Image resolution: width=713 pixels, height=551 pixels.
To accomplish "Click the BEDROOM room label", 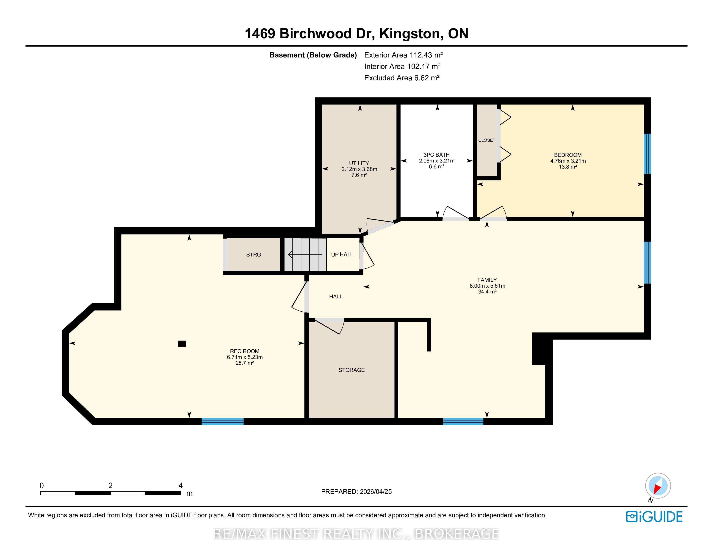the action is click(x=568, y=155).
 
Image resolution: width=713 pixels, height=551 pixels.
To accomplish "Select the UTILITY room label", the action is click(x=359, y=163).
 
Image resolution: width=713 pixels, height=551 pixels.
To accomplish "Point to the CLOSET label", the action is click(x=487, y=140).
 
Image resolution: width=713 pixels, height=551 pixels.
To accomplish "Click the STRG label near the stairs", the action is click(x=253, y=255).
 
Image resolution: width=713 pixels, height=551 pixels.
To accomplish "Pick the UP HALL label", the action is click(x=342, y=255).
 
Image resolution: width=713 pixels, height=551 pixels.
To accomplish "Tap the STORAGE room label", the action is click(x=351, y=370).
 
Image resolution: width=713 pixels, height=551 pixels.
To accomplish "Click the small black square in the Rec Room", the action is click(x=182, y=343).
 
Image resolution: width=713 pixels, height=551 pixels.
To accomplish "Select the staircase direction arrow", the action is click(x=305, y=255).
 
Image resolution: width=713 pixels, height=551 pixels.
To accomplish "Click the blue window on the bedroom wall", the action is click(x=647, y=154).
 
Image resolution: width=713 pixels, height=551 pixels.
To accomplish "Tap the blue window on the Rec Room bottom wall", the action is click(x=223, y=421).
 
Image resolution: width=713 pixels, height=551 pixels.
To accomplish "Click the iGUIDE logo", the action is click(x=654, y=517).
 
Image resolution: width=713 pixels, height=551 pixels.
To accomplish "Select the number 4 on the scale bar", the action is click(x=181, y=485).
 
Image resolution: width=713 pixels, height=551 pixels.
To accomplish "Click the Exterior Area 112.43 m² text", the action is click(x=404, y=55).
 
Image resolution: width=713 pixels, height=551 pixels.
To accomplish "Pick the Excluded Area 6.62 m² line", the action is click(x=402, y=78).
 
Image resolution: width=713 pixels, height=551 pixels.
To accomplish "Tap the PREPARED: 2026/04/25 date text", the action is click(x=356, y=492).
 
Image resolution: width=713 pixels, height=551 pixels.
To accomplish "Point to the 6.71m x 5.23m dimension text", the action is click(x=245, y=357).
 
